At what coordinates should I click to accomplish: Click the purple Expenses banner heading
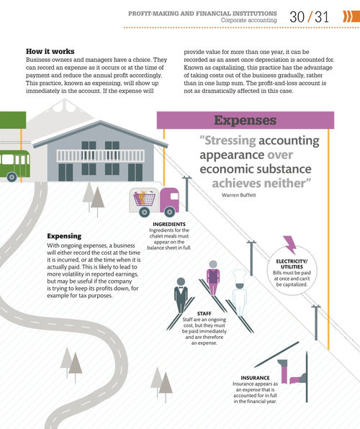(x=246, y=120)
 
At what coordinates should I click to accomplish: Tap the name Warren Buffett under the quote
(x=239, y=195)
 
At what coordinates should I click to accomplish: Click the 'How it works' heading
(x=50, y=51)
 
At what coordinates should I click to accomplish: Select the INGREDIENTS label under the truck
(x=169, y=224)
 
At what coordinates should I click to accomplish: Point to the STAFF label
(x=204, y=314)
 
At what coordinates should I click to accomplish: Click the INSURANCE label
(x=255, y=378)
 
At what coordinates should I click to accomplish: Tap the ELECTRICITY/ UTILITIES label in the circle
(x=292, y=264)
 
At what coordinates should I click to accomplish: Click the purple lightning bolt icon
(x=289, y=245)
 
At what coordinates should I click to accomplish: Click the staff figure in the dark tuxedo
(x=181, y=295)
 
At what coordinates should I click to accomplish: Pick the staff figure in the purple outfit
(x=213, y=278)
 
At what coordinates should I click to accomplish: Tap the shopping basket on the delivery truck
(x=144, y=198)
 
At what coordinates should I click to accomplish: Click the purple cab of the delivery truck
(x=169, y=199)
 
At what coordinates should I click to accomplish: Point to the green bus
(x=14, y=166)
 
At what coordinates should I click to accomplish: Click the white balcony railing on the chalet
(x=101, y=156)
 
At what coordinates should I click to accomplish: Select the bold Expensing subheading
(x=64, y=236)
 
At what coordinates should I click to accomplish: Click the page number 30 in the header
(x=297, y=17)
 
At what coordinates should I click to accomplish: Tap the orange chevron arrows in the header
(x=351, y=17)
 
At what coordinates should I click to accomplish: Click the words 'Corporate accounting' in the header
(x=249, y=20)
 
